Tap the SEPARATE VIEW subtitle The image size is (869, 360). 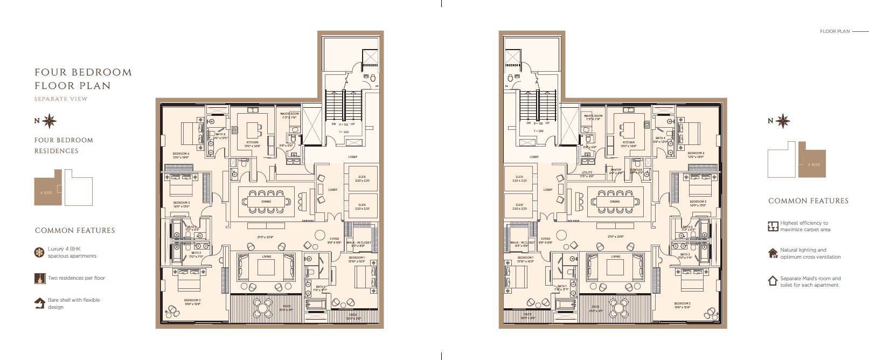(x=60, y=99)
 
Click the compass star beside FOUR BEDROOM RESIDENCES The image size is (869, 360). (x=50, y=121)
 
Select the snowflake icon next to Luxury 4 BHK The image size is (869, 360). (x=39, y=252)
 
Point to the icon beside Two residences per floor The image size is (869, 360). (x=39, y=278)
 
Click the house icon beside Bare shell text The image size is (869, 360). (x=39, y=303)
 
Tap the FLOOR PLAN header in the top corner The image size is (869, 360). (x=835, y=31)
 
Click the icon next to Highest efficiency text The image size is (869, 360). (x=773, y=226)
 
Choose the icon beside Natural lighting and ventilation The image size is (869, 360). (x=773, y=253)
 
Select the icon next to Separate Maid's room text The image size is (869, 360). (x=773, y=281)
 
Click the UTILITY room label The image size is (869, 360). (x=587, y=172)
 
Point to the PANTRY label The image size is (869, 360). (x=616, y=170)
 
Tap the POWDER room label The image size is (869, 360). (x=636, y=170)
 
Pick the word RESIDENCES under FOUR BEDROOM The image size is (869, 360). (x=57, y=151)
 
